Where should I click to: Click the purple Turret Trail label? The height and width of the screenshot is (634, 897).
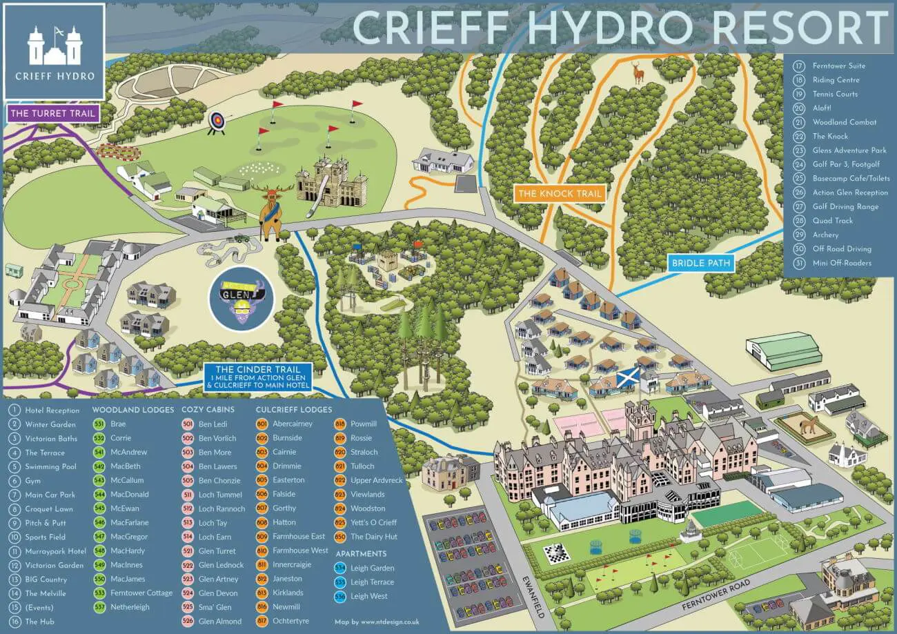(52, 113)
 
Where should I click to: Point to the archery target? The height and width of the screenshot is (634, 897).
(217, 122)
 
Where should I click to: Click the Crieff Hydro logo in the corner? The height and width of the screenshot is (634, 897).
(55, 52)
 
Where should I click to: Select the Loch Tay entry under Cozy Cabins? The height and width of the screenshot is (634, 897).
(213, 523)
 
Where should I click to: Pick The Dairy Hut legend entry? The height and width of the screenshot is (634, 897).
(373, 537)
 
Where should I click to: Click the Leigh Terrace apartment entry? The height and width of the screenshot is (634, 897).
(372, 582)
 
